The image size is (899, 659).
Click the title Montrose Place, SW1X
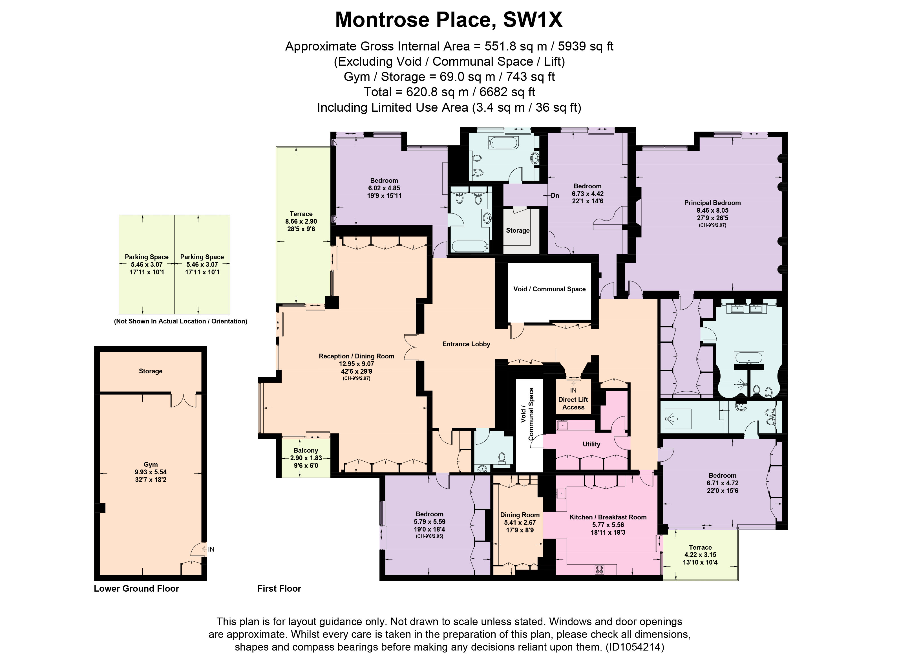coord(449,20)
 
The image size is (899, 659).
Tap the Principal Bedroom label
coord(712,203)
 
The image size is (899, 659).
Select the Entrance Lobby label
coord(466,344)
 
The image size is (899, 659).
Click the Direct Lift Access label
coord(573,403)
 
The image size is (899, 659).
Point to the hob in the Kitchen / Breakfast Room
coord(599,569)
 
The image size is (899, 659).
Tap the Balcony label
coord(306,450)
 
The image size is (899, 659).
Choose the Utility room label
coord(591,444)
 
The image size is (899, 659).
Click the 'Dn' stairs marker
coord(555,195)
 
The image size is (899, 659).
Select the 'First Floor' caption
coord(279,589)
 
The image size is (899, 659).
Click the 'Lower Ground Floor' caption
coord(136,589)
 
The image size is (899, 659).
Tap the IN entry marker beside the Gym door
coord(211,549)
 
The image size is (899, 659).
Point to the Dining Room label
coord(520,515)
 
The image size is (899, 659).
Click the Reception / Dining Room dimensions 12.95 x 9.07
coord(356,364)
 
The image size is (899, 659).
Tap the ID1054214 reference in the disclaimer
coord(635,647)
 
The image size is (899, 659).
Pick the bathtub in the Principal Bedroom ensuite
coord(749,358)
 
